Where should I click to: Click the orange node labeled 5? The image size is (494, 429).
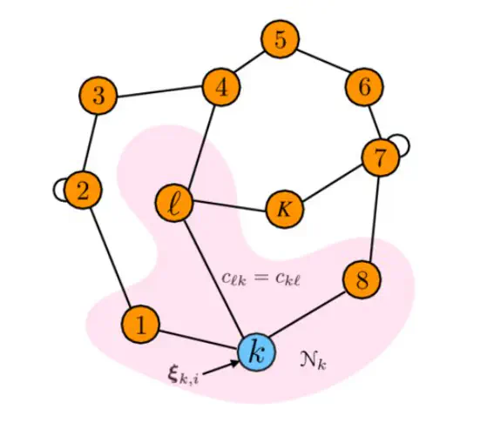coord(280,39)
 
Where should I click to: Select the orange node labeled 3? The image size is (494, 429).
coord(98,95)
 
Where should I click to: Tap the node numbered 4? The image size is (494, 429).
coord(221,87)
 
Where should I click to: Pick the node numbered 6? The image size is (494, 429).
coord(364,86)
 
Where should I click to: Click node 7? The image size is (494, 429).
coord(381,157)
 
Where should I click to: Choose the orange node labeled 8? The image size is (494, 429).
coord(362,279)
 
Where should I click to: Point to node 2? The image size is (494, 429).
coord(83,190)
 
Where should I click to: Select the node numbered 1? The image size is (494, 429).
coord(141,325)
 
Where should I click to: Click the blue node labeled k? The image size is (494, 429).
coord(257,352)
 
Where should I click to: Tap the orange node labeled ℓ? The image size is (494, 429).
coord(174,203)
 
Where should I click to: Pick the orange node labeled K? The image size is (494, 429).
coord(285,209)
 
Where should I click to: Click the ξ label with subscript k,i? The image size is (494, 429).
coord(183,376)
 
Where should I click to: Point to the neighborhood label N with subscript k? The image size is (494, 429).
coord(313,361)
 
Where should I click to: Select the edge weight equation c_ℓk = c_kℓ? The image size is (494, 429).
coord(261,278)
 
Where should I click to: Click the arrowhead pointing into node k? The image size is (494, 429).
coord(234,363)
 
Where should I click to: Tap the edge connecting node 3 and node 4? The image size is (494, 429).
coord(159,91)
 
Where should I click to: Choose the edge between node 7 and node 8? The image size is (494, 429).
coord(376,218)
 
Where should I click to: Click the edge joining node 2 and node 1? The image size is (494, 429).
coord(111,258)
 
